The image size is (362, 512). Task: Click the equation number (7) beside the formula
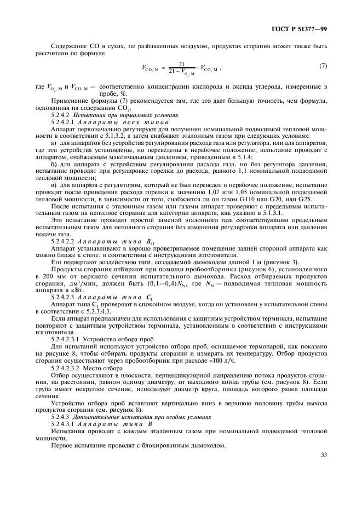[x=323, y=66]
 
